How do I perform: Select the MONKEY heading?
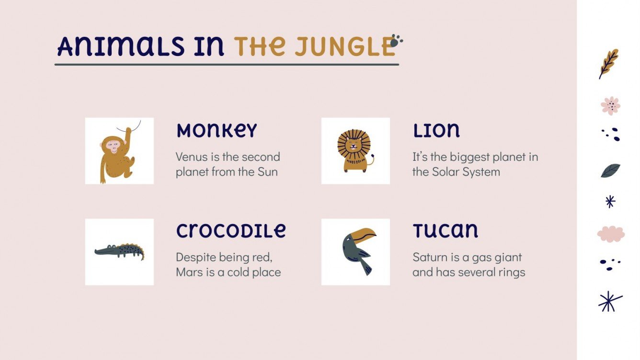pos(217,131)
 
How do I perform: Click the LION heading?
pos(436,130)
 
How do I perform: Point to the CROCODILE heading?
pos(231,231)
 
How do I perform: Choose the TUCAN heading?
pos(445,231)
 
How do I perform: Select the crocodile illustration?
pos(119,251)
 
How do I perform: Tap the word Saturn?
pos(429,258)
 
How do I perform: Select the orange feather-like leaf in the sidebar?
pos(609,63)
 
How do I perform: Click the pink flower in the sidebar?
pos(610,105)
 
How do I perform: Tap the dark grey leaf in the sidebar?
pos(610,170)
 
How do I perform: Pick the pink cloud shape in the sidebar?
pos(611,234)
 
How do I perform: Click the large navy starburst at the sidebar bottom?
pos(610,301)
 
